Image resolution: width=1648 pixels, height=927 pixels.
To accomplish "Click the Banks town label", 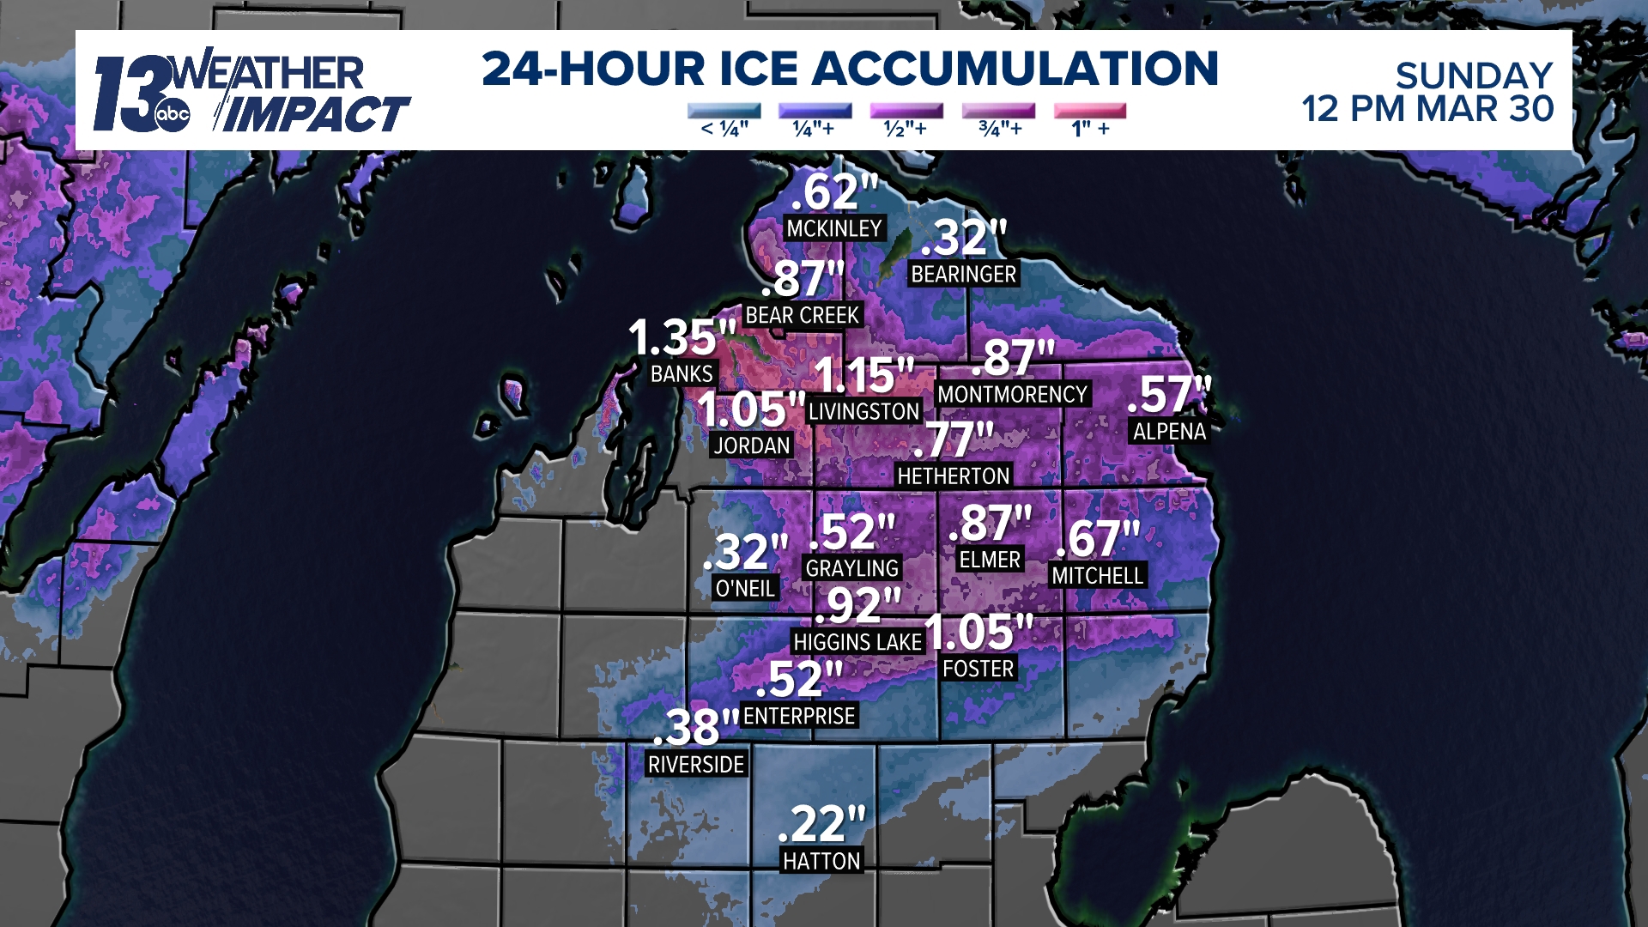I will [x=682, y=374].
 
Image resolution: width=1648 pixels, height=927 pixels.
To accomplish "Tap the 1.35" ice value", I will [x=682, y=337].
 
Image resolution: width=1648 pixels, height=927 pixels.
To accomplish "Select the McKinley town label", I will [x=834, y=228].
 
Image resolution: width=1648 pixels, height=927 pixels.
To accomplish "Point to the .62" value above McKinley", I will [x=833, y=191].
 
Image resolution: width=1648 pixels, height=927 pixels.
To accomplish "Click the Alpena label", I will [x=1169, y=432].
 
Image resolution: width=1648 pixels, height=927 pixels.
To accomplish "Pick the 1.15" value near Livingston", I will [x=863, y=375].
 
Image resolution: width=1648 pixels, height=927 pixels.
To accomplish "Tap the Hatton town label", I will [x=821, y=861].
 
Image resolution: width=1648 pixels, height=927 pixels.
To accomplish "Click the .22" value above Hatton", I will [x=821, y=824].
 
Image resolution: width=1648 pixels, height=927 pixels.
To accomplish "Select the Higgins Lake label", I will [x=857, y=642].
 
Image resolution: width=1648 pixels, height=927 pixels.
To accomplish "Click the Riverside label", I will [x=695, y=765].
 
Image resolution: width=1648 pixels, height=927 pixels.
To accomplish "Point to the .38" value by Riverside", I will [x=694, y=728].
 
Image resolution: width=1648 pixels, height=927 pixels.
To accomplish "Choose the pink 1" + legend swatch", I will [x=1089, y=111].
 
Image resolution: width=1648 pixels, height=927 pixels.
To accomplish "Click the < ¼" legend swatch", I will [x=724, y=111].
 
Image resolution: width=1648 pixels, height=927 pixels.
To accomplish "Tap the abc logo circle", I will [x=172, y=115].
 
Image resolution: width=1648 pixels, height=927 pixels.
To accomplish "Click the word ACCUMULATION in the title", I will [x=1015, y=69].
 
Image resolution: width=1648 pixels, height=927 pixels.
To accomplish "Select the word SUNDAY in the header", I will [x=1473, y=76].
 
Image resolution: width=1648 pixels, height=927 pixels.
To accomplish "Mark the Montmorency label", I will [x=1012, y=395].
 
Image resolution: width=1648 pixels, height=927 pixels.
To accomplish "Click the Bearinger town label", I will [x=963, y=275].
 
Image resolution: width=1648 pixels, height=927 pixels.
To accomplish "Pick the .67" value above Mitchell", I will [x=1097, y=539].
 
